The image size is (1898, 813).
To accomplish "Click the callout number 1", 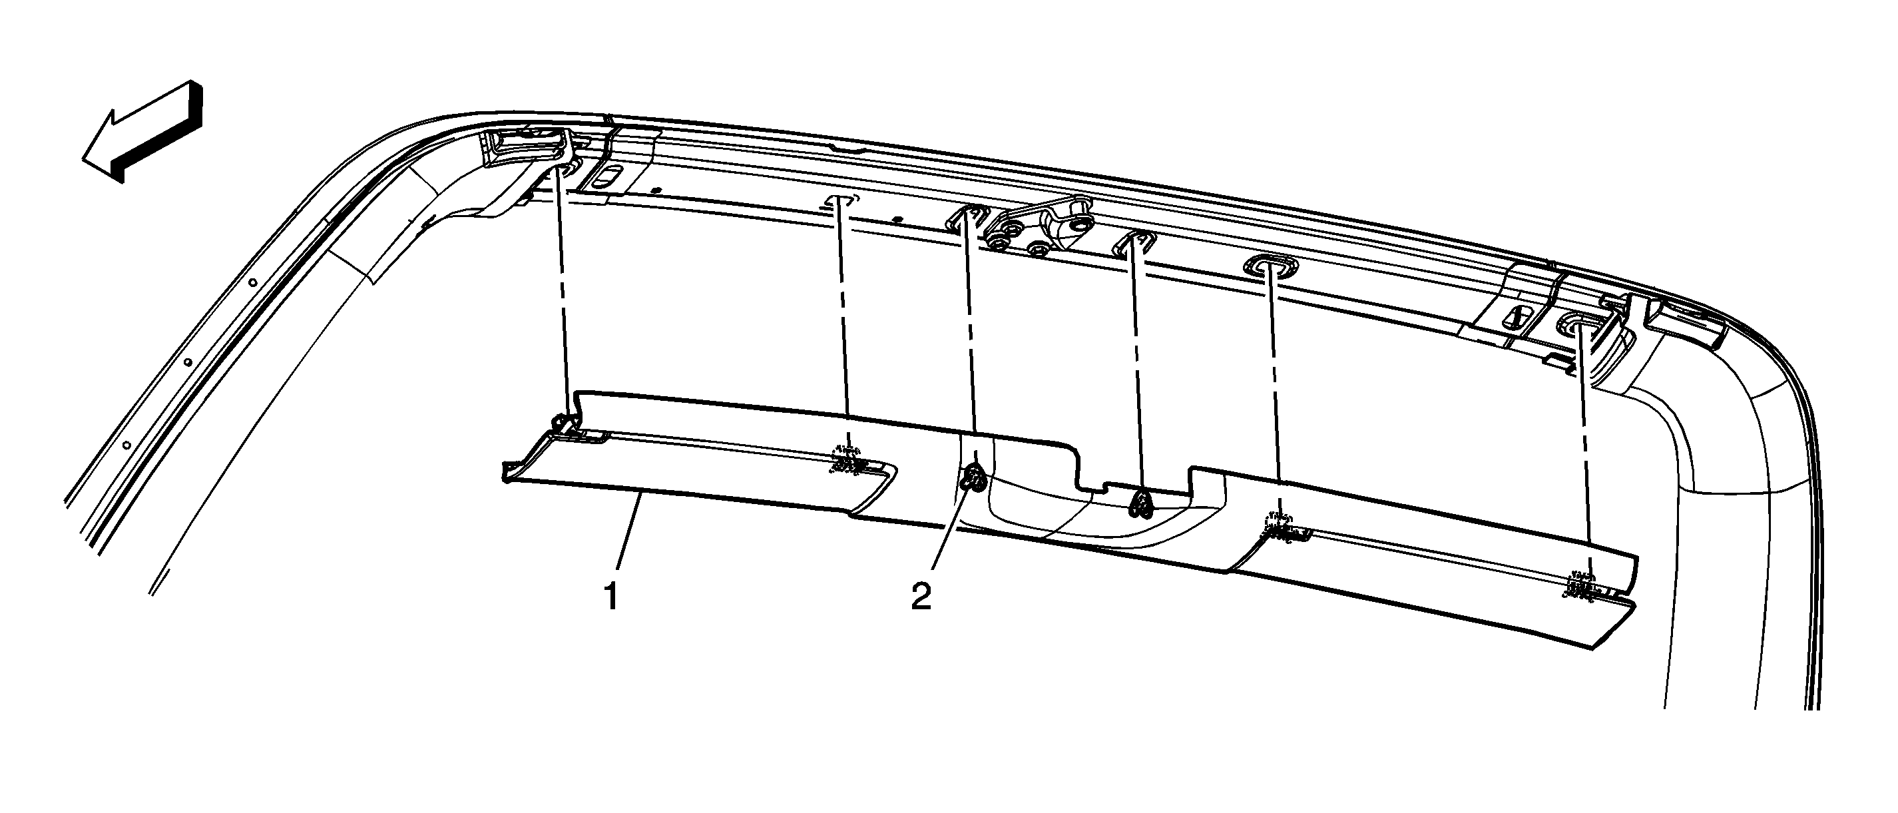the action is coord(610,597).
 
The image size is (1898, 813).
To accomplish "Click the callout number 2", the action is coord(921,597).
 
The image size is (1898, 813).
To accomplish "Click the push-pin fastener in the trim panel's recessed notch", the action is coord(1140,503).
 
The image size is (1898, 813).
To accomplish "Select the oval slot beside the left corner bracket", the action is coord(608,176).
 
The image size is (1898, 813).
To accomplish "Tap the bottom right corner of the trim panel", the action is coord(1590,649).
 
